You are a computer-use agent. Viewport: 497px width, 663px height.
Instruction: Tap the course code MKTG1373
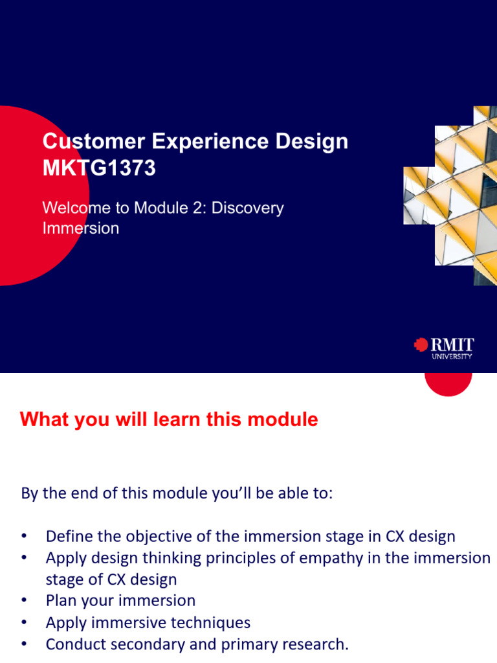(x=99, y=168)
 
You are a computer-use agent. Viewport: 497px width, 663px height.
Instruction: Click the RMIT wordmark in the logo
(x=452, y=344)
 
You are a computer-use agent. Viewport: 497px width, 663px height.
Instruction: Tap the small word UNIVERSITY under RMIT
(x=452, y=356)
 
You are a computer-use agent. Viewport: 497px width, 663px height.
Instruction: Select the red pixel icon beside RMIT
(x=421, y=345)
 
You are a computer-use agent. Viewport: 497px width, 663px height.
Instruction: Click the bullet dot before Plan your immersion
(x=25, y=601)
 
